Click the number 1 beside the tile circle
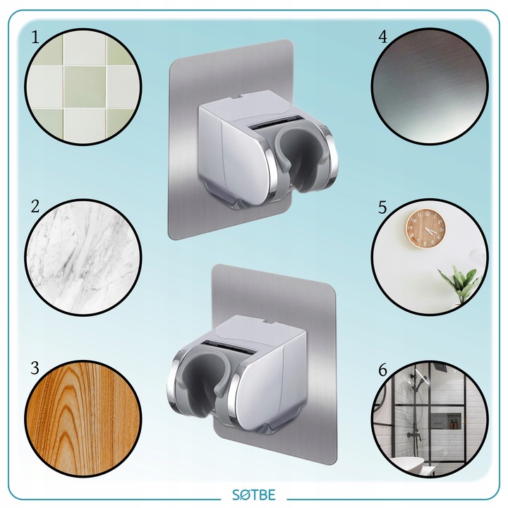point(35,37)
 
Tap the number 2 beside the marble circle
point(35,206)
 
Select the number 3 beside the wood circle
point(35,368)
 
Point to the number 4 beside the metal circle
point(382,37)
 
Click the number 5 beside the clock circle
point(382,207)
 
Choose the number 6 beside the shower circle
point(382,370)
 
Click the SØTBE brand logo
point(254,495)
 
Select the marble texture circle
point(83,257)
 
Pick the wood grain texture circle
point(83,419)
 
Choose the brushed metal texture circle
point(430,86)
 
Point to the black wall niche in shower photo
point(445,421)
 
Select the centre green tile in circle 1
point(85,87)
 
